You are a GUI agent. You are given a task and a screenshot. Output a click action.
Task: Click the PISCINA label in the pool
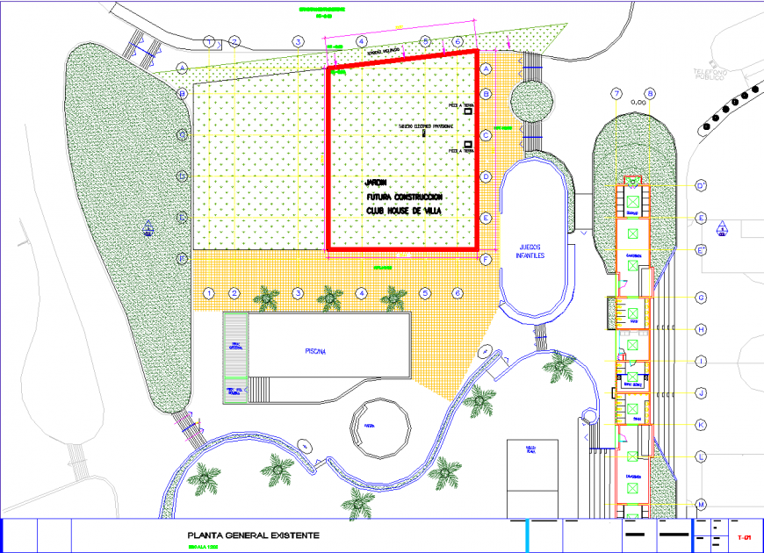(315, 351)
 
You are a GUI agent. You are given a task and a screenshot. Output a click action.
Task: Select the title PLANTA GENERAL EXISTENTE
(253, 535)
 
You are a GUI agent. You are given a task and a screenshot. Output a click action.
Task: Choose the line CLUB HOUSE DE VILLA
(404, 212)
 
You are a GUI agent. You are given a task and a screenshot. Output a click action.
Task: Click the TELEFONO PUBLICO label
(709, 74)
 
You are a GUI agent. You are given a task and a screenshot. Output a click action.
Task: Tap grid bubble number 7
(617, 94)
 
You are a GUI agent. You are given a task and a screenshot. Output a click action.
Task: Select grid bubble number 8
(650, 94)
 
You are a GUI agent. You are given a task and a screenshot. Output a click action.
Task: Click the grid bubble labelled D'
(702, 186)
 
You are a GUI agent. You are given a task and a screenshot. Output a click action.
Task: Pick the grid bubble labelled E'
(702, 250)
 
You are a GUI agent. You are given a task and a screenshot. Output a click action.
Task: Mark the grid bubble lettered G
(702, 298)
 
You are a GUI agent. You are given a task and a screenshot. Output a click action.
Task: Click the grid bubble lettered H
(702, 329)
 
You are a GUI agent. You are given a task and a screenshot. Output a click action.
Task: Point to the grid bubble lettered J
(702, 393)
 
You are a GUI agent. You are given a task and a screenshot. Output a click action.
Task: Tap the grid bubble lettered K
(702, 425)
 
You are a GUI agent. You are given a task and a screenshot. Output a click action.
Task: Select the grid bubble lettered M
(702, 504)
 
